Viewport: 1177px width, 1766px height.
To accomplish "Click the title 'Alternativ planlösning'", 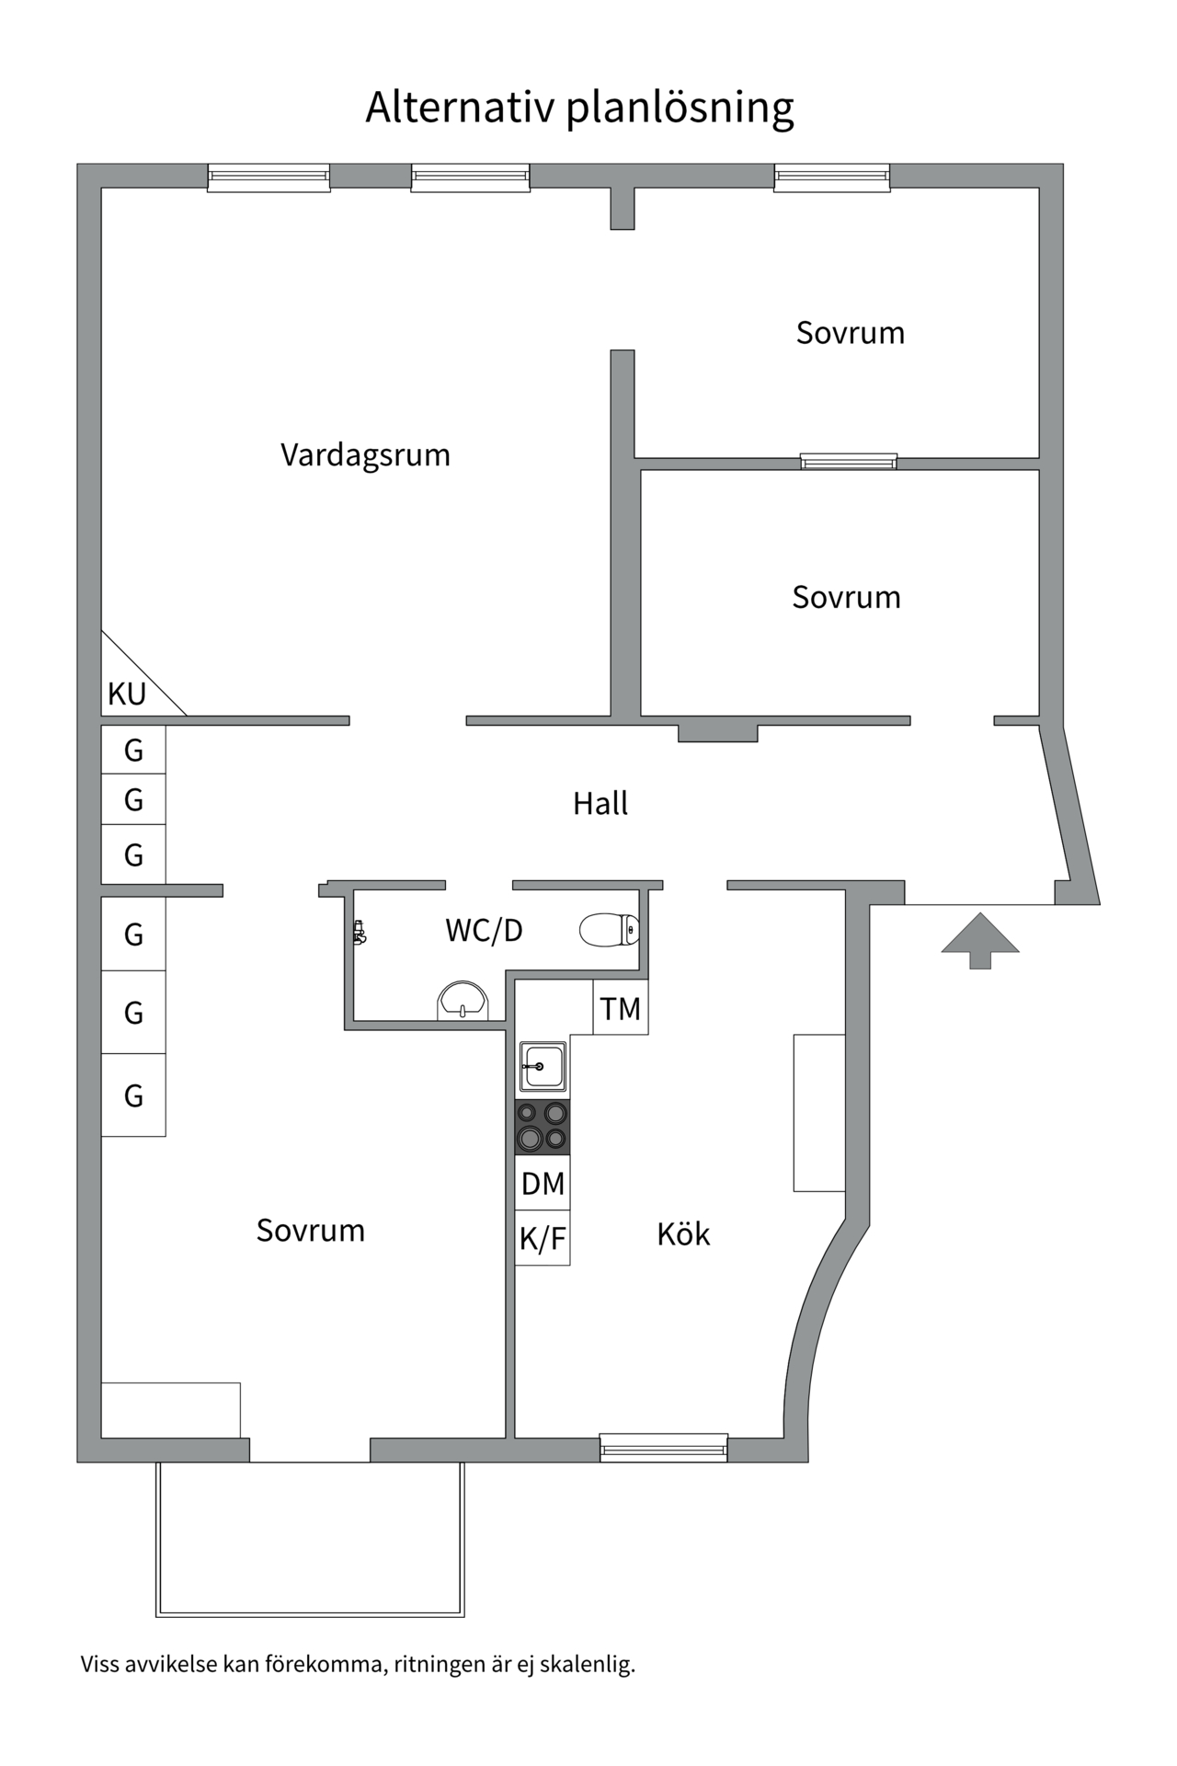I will (x=579, y=108).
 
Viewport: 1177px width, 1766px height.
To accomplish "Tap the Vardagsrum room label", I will (x=365, y=455).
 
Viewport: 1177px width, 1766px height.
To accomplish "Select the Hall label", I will (x=600, y=804).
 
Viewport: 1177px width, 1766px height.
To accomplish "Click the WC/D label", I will (x=484, y=931).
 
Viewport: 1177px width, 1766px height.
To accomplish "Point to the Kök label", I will (x=683, y=1234).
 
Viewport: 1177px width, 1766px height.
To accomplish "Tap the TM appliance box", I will (x=621, y=1009).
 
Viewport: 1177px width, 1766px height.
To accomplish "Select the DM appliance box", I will (x=543, y=1184).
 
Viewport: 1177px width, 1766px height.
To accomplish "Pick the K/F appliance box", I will (x=543, y=1239).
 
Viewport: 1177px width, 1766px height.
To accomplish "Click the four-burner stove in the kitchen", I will (x=543, y=1127).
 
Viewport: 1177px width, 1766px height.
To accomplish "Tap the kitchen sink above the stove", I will (x=543, y=1066).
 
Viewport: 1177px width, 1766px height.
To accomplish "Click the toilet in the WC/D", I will (x=609, y=930).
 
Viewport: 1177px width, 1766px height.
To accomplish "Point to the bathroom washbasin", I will (x=462, y=1001).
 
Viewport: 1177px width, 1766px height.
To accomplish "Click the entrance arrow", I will (x=980, y=940).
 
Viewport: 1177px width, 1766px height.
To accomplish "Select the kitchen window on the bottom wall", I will (x=663, y=1448).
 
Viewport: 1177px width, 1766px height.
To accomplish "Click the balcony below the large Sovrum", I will (x=311, y=1537).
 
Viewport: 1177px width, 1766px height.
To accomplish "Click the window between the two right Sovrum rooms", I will (x=848, y=461).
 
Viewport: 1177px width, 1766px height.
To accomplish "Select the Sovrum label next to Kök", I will (x=311, y=1231).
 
